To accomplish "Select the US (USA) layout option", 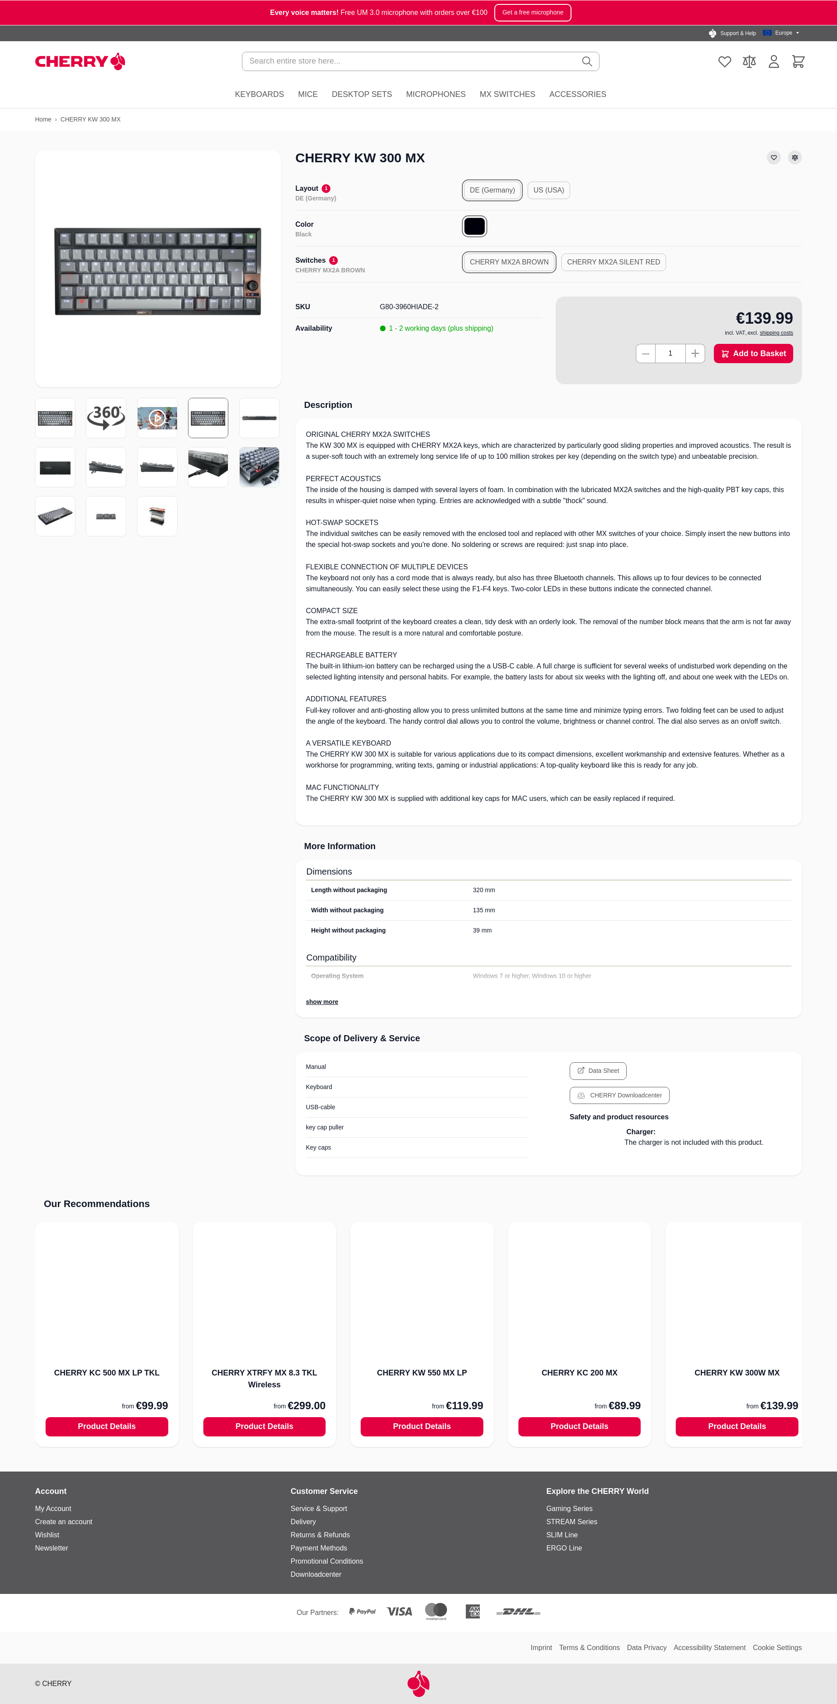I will [548, 190].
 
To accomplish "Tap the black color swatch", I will [474, 226].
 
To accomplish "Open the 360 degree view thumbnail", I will [106, 418].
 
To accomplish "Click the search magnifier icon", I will [586, 61].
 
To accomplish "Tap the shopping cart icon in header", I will [798, 61].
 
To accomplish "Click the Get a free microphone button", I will [532, 13].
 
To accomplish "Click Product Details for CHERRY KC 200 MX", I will [579, 1426].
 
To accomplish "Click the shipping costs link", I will [776, 333].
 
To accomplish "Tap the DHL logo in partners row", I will [518, 1611].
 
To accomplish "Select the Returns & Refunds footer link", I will [320, 1535].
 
